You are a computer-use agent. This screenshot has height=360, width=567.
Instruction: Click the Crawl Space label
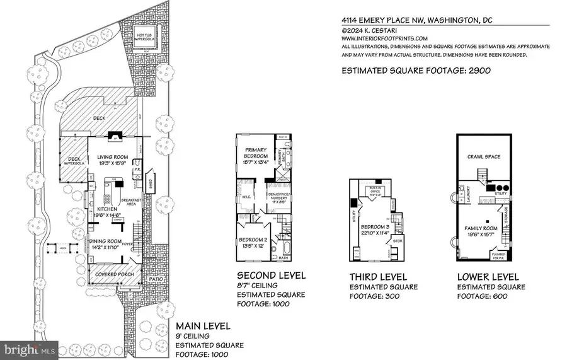[x=484, y=156]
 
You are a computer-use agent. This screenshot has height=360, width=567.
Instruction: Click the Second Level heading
[x=270, y=276]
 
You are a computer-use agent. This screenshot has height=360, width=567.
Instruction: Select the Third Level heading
[x=378, y=276]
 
